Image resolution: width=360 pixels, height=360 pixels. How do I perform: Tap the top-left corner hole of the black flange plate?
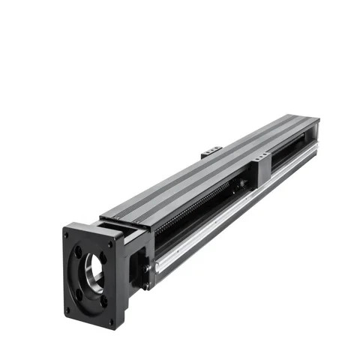(x=67, y=234)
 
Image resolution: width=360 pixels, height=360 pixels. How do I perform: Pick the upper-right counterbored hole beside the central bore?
(x=104, y=259)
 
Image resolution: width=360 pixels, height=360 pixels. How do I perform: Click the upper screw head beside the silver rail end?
(x=147, y=264)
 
